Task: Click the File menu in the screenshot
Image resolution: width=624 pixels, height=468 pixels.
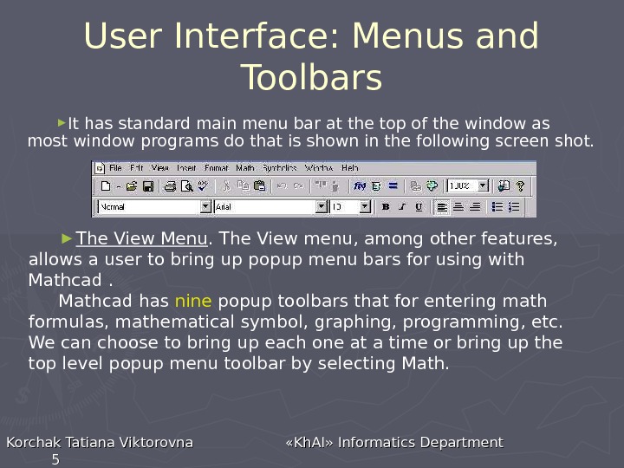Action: (115, 167)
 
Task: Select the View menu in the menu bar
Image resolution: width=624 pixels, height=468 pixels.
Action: (160, 167)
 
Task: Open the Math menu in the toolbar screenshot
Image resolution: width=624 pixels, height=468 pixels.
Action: (245, 167)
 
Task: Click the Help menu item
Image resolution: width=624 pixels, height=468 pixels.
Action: (349, 167)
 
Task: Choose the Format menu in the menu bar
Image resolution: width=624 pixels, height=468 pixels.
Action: (216, 167)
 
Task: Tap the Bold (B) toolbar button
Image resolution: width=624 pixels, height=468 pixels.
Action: (386, 207)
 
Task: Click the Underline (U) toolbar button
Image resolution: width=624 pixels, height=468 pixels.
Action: (419, 207)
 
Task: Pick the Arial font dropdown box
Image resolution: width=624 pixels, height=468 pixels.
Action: (270, 207)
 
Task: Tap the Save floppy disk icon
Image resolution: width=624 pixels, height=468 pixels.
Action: (148, 185)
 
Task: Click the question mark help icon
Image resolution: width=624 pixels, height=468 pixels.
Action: (520, 185)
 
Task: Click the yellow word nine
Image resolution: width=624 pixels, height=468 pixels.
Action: (192, 302)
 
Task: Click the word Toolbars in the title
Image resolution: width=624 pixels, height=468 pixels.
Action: (311, 78)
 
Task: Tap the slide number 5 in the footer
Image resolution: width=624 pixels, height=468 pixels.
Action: (55, 459)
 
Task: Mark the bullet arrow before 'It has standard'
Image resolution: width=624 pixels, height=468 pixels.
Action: (62, 121)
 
